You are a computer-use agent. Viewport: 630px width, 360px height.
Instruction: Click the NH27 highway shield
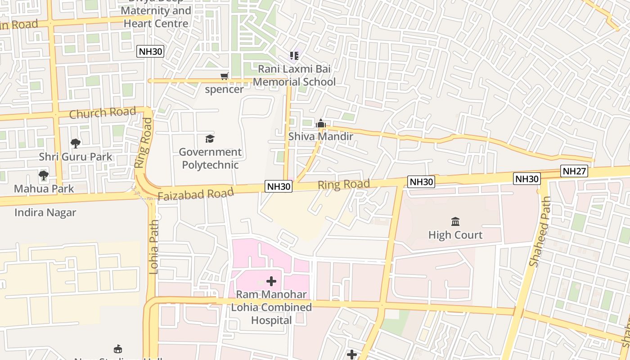coord(574,171)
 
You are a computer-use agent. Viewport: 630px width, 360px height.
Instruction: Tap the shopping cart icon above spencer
coord(224,76)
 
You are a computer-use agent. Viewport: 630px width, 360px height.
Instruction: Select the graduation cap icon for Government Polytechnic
coord(210,139)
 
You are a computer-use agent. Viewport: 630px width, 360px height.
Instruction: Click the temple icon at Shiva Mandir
coord(320,123)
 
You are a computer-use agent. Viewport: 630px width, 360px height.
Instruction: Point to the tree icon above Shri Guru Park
coord(76,144)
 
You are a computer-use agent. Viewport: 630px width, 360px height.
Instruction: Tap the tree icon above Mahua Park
coord(43,175)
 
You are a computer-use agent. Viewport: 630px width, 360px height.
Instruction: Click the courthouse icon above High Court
coord(455,221)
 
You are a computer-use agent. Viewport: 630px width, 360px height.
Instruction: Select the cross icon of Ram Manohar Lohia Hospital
coord(271,282)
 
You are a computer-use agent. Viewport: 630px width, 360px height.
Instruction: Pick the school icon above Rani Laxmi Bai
coord(294,56)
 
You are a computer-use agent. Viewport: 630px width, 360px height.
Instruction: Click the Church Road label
coord(102,112)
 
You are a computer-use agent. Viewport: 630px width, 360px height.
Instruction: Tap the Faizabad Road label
coord(196,194)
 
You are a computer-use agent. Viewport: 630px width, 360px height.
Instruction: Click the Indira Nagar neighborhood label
coord(45,212)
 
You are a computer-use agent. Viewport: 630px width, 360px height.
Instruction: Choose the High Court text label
coord(455,235)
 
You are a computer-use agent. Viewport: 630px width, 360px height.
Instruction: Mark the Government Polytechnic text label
coord(210,158)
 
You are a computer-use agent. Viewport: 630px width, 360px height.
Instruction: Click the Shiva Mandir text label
coord(320,136)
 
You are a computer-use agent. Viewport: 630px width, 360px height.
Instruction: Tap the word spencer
coord(224,89)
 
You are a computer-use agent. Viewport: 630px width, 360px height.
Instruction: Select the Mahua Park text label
coord(44,188)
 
